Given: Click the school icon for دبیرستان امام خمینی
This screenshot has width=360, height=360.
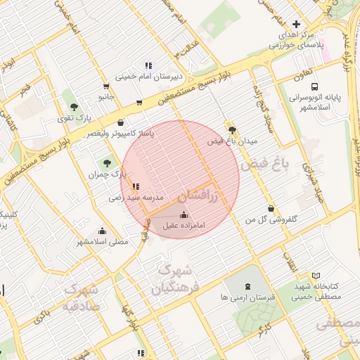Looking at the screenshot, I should [148, 65].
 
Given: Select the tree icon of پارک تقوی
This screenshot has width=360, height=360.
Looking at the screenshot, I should [74, 107].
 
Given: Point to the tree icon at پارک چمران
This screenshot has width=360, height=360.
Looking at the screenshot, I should [108, 163].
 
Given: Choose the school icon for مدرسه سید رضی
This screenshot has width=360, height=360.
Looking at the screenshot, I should [135, 187].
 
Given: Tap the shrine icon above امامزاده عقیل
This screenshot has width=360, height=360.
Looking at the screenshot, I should [184, 214].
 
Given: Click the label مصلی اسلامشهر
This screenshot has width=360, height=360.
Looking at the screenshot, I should [103, 241].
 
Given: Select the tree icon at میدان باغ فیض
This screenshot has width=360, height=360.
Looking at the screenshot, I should [232, 130].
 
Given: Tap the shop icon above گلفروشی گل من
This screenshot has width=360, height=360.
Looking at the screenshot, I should [271, 208].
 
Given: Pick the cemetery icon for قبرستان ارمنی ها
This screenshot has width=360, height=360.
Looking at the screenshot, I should [247, 287].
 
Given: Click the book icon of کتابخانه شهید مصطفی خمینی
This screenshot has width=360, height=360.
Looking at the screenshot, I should [316, 274].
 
